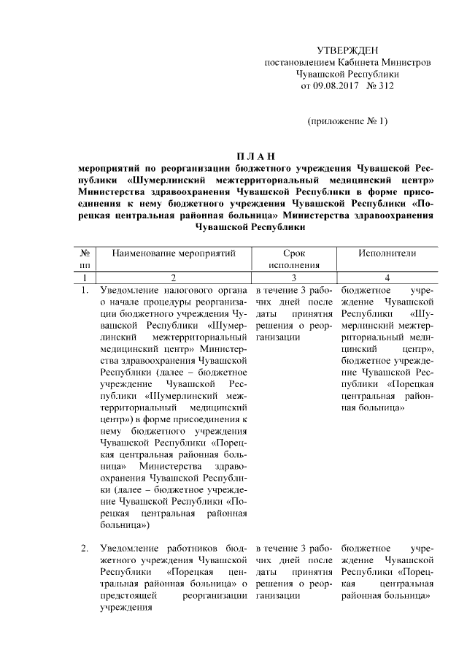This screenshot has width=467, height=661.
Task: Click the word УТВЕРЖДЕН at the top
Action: pos(347,50)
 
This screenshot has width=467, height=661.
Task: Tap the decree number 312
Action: pos(385,86)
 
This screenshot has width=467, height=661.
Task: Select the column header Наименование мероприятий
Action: pos(174,253)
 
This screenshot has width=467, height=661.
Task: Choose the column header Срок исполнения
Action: pos(294,259)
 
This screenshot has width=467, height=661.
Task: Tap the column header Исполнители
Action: pos(387,253)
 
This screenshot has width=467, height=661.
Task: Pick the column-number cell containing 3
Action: pos(294,278)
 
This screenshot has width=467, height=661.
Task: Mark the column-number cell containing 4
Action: pos(387,278)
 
